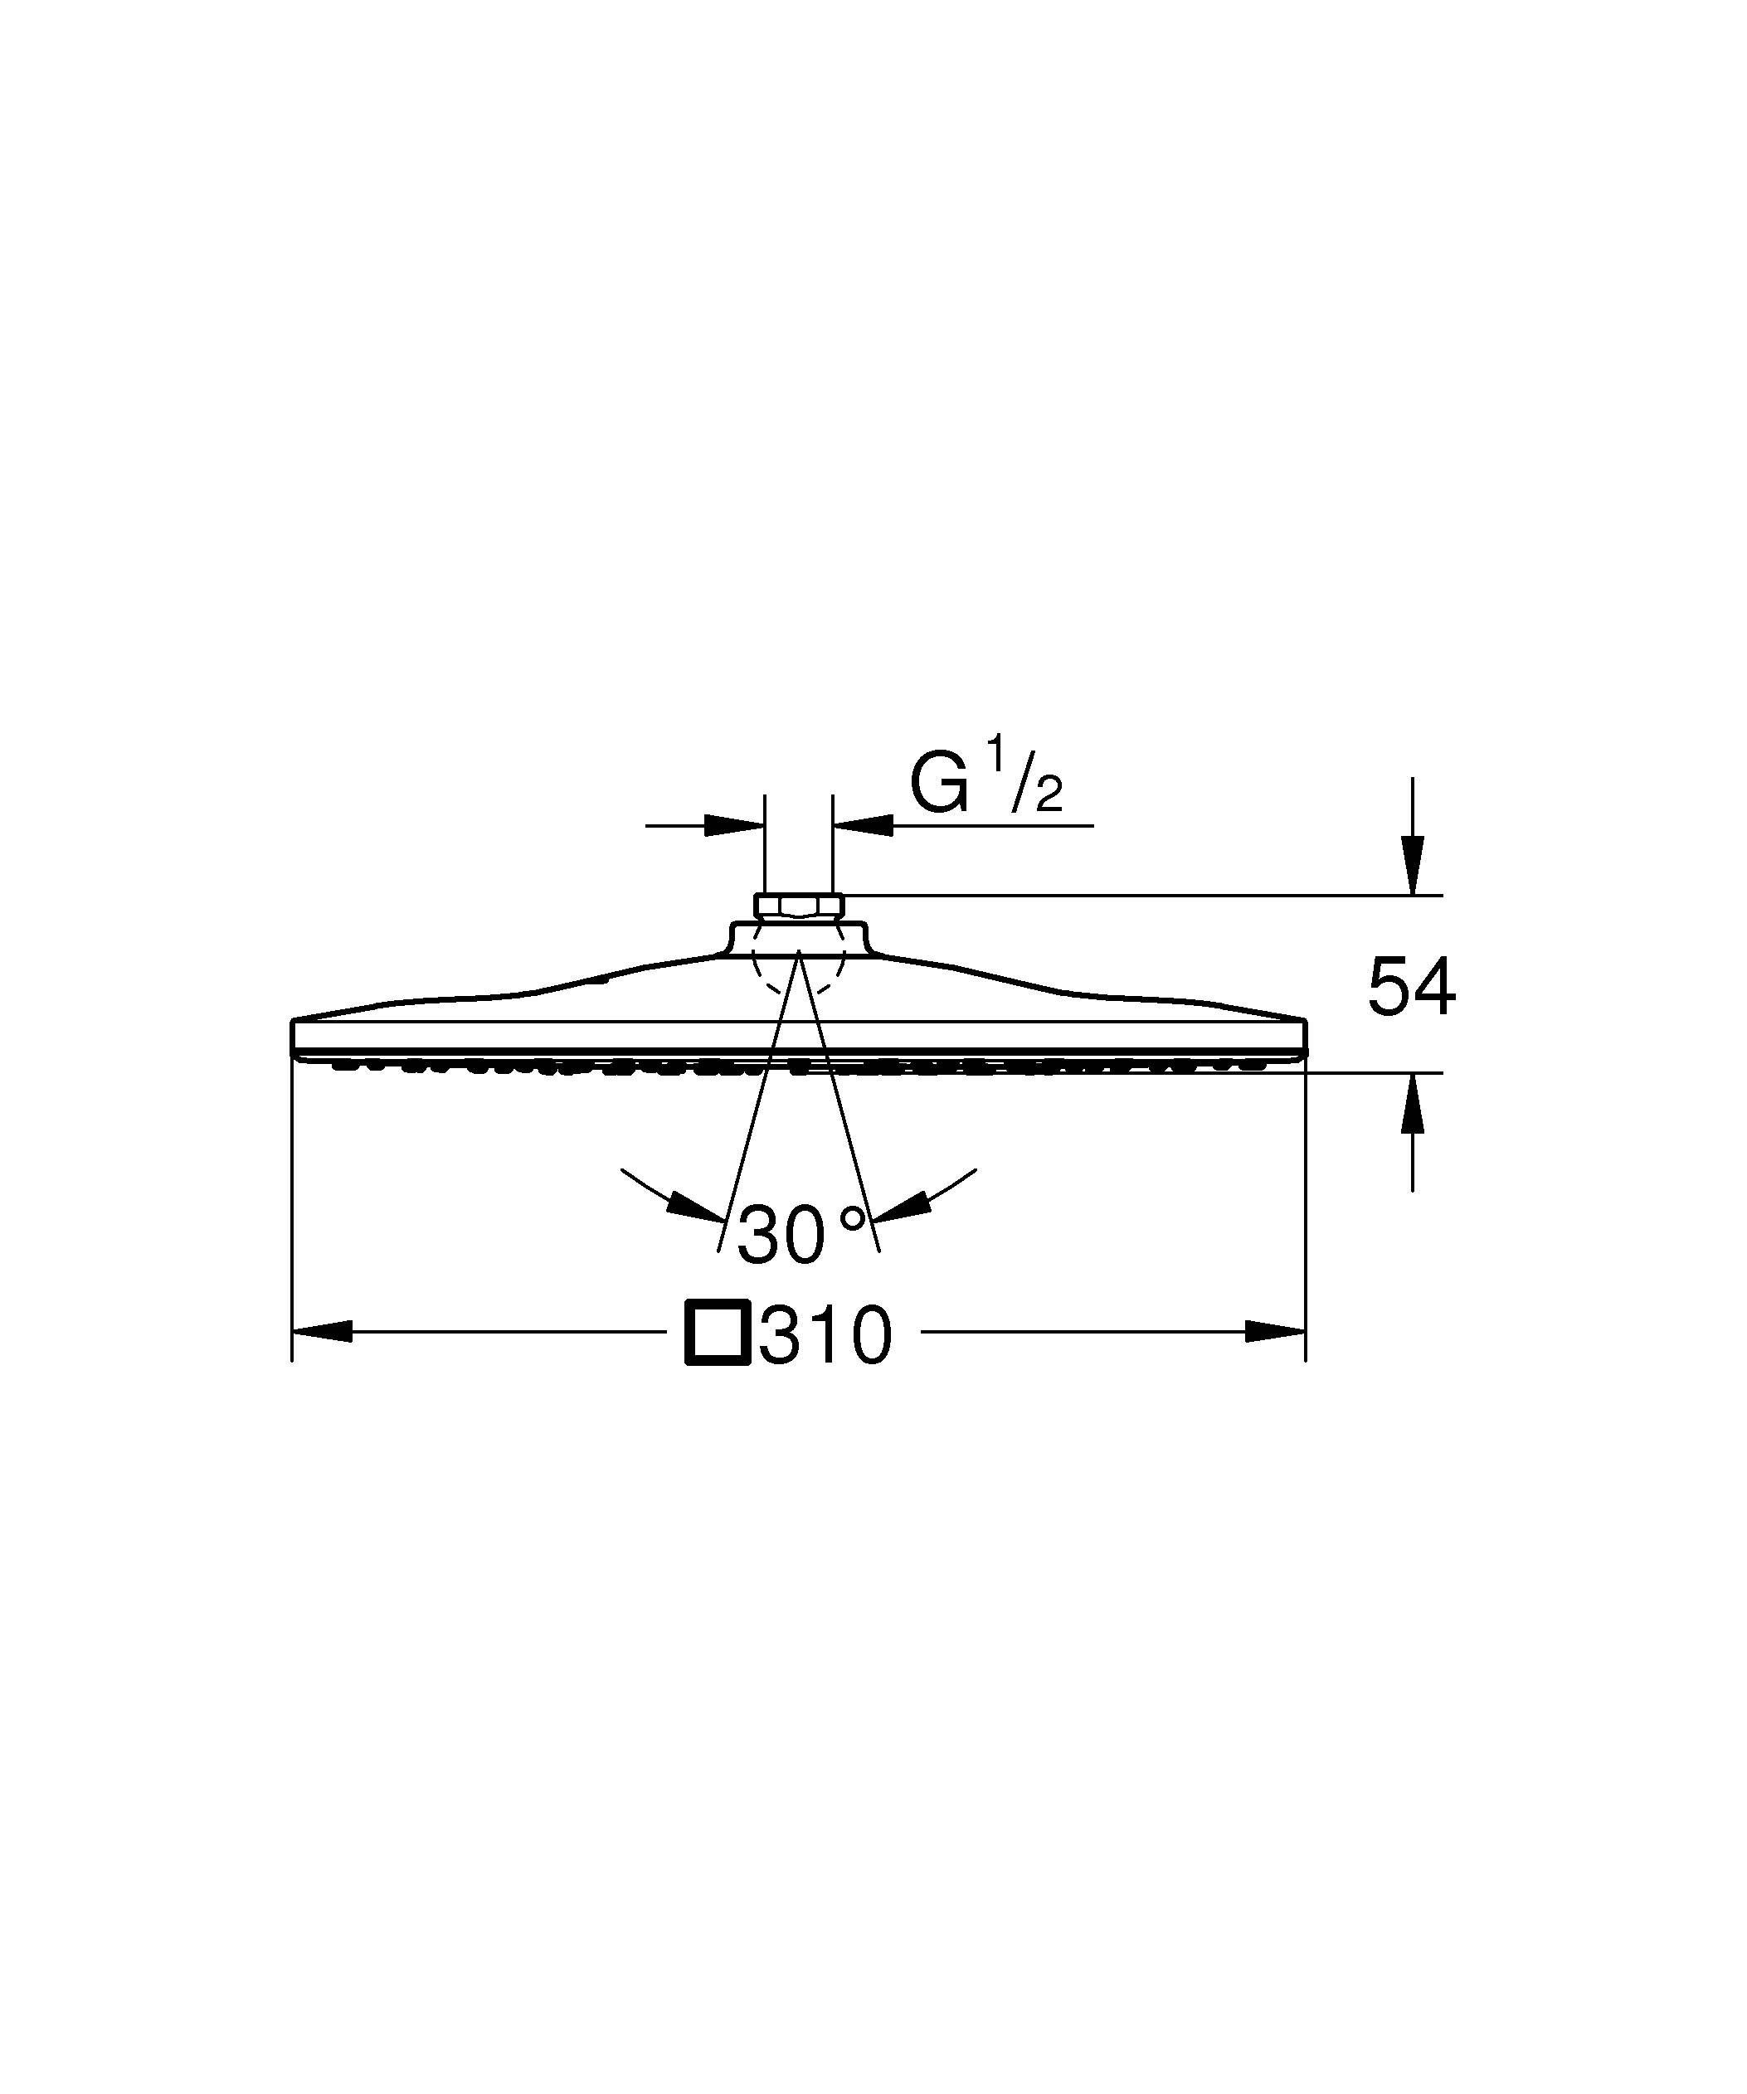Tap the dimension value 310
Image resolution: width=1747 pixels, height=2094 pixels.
[x=825, y=1335]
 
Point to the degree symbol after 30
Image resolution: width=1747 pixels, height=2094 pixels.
[x=853, y=1217]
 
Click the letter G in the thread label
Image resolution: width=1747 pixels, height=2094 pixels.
[x=939, y=785]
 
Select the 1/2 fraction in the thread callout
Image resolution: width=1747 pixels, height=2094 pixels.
[x=1025, y=788]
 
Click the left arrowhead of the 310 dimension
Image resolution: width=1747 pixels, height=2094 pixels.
[x=321, y=1331]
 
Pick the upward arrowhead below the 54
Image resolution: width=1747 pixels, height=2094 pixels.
[x=1412, y=1104]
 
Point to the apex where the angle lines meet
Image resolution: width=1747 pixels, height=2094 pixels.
[x=799, y=951]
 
